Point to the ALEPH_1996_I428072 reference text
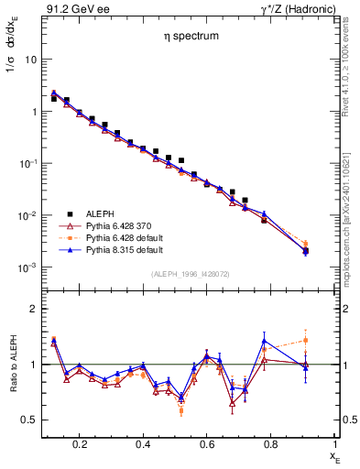190,273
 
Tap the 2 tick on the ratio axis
35,309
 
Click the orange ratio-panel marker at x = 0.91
306,340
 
